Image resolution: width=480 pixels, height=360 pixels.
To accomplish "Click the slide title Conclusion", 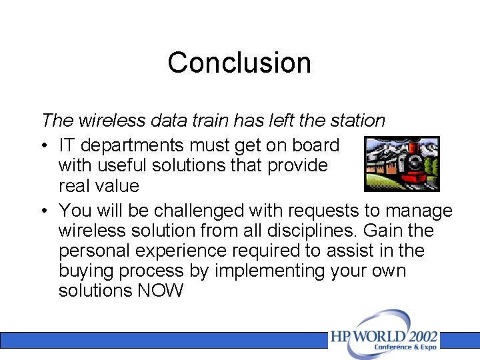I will click(239, 63).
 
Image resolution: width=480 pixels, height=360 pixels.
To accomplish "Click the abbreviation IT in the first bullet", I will click(67, 145).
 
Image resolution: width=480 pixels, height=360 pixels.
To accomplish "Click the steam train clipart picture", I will click(402, 163).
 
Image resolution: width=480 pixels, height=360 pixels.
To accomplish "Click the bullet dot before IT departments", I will click(43, 145).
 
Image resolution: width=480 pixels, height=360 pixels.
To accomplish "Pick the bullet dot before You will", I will click(43, 211).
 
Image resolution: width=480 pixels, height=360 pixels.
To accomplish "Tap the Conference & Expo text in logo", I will click(405, 347).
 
